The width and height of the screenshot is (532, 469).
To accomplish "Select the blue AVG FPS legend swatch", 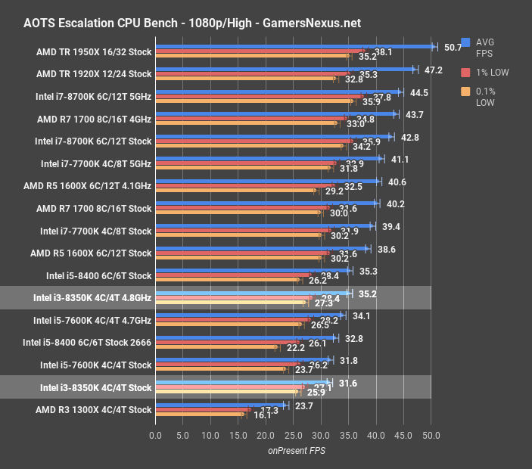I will (x=466, y=42).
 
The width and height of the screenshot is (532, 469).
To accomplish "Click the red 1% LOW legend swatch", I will (x=466, y=73).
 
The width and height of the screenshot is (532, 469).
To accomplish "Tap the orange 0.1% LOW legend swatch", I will (x=466, y=92).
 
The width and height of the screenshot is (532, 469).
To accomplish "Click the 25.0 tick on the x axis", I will (x=293, y=435).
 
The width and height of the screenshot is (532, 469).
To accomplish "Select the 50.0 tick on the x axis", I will (x=431, y=435).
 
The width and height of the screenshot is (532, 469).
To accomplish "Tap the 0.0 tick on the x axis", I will (x=156, y=435).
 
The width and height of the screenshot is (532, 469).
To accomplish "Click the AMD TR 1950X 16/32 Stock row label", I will (x=94, y=52).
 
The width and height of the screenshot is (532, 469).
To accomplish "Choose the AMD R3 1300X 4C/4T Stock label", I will (x=95, y=410).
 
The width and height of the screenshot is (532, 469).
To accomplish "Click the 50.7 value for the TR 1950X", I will (x=453, y=47).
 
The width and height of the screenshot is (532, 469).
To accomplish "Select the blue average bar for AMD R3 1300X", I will (x=220, y=405).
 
